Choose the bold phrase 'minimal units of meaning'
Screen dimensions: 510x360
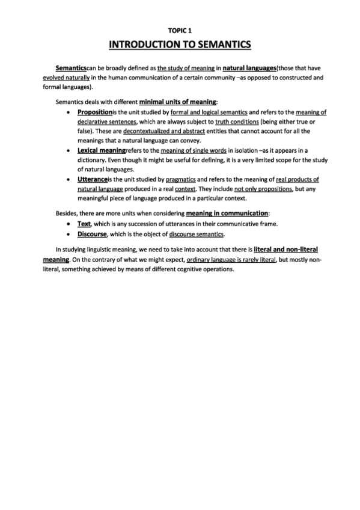pos(178,101)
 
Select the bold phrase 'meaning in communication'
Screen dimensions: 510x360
pos(227,213)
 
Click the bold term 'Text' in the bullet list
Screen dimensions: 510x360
pos(84,224)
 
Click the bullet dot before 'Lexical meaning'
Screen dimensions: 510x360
pos(72,150)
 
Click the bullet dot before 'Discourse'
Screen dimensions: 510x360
pos(72,233)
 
